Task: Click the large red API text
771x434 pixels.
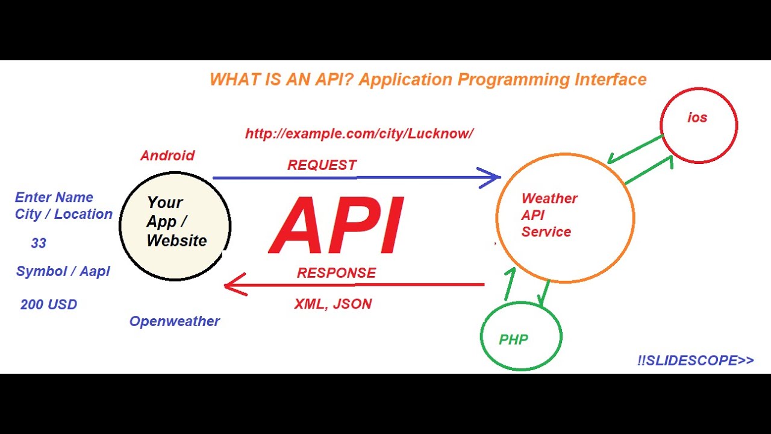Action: pyautogui.click(x=336, y=227)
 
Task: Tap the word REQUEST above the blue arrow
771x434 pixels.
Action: pyautogui.click(x=322, y=165)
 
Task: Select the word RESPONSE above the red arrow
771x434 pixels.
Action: pyautogui.click(x=336, y=273)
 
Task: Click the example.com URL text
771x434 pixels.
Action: pyautogui.click(x=359, y=134)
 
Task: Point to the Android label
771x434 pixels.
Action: pyautogui.click(x=167, y=156)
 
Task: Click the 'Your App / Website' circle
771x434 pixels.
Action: pyautogui.click(x=175, y=226)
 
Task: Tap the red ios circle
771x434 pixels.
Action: pyautogui.click(x=698, y=125)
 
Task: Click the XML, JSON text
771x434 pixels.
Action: pyautogui.click(x=332, y=304)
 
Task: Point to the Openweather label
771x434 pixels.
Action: pyautogui.click(x=174, y=321)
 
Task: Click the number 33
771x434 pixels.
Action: pyautogui.click(x=39, y=244)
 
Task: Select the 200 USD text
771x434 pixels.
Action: pyautogui.click(x=49, y=305)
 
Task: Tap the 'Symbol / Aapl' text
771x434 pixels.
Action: pyautogui.click(x=63, y=272)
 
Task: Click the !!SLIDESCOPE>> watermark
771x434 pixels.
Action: pyautogui.click(x=695, y=360)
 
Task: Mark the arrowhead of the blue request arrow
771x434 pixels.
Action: pyautogui.click(x=495, y=177)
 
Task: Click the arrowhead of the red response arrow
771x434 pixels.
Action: pyautogui.click(x=231, y=285)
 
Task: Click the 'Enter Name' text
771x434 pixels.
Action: pyautogui.click(x=54, y=198)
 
